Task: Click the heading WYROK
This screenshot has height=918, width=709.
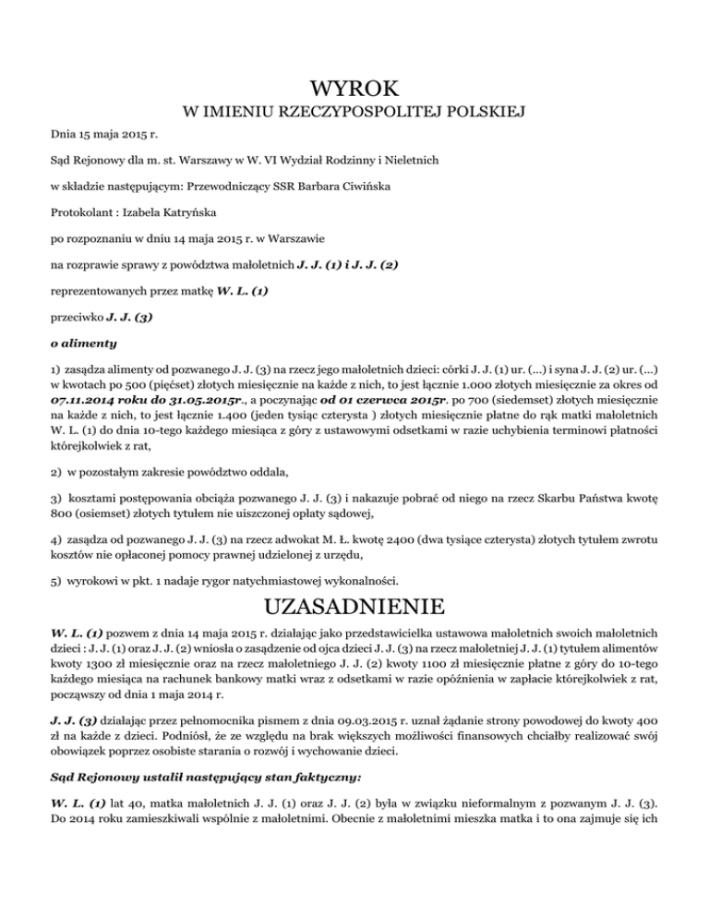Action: (x=354, y=89)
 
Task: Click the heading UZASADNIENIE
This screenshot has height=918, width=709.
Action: (x=354, y=608)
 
